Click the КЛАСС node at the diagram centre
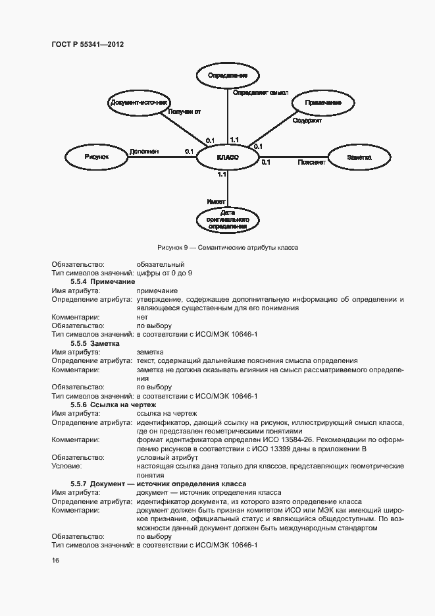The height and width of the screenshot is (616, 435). (x=227, y=157)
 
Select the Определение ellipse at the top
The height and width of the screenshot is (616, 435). (x=227, y=75)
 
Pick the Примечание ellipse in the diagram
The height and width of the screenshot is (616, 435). (x=322, y=103)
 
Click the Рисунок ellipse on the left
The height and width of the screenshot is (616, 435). (x=96, y=157)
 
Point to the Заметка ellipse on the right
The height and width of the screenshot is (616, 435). (x=359, y=157)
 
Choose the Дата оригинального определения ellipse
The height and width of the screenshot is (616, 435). (x=227, y=219)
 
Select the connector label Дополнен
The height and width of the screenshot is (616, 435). (x=143, y=151)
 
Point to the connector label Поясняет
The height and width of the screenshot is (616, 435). (x=311, y=162)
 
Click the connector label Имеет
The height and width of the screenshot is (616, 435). (x=216, y=201)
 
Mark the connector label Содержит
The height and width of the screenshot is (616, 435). (x=307, y=121)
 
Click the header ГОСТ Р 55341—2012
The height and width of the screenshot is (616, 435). (x=88, y=44)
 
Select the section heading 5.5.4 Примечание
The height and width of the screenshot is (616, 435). (x=98, y=281)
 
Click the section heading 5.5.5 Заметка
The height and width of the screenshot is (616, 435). (x=94, y=343)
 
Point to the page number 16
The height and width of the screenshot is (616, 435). (x=55, y=560)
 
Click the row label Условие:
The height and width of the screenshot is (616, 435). (x=66, y=466)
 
